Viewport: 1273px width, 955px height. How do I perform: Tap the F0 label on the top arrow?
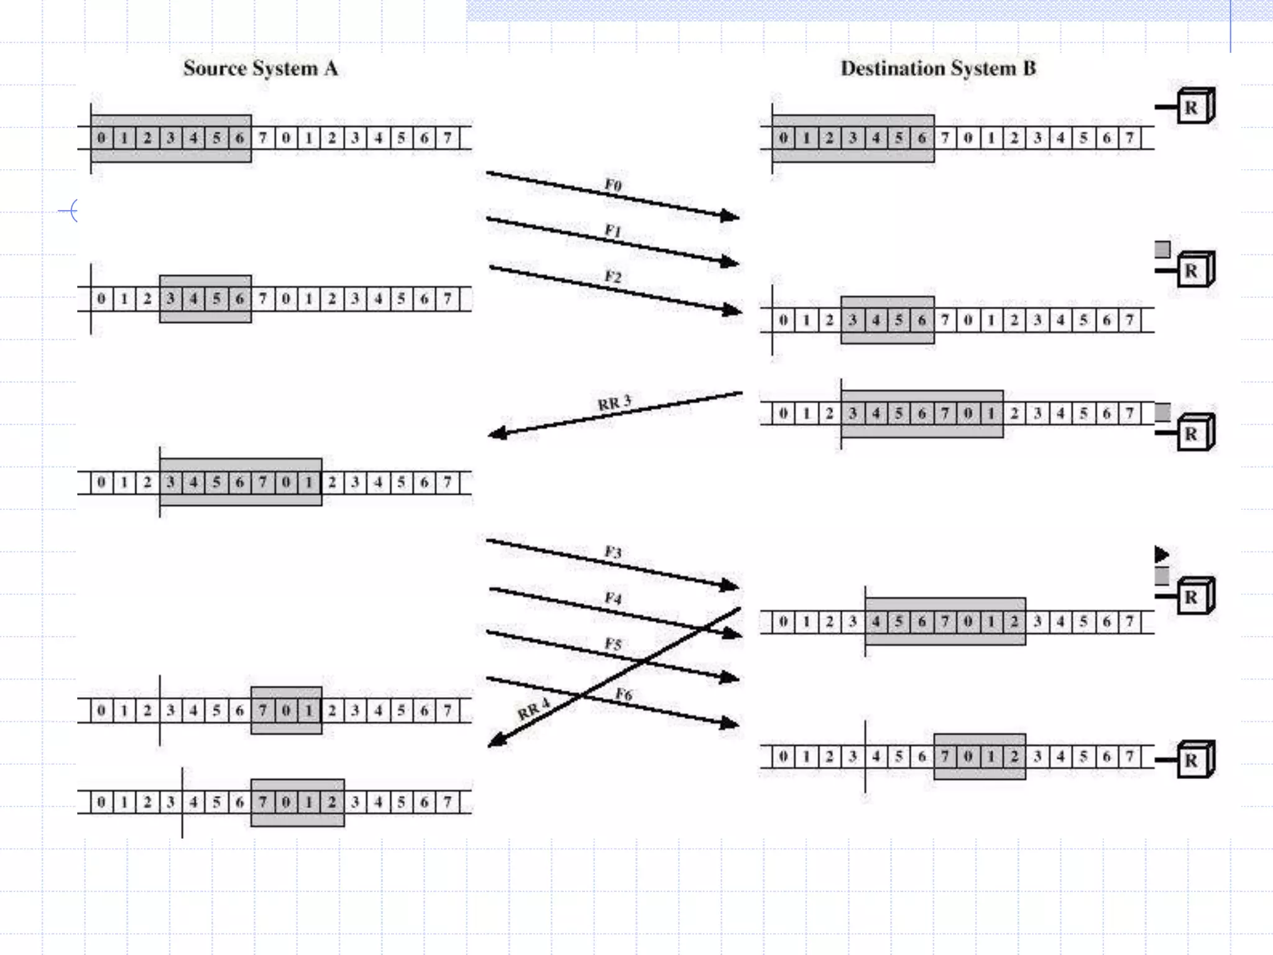tap(613, 185)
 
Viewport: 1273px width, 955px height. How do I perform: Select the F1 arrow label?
tap(613, 231)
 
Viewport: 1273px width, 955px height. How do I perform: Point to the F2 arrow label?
tap(613, 277)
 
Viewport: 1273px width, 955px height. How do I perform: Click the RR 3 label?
tap(614, 403)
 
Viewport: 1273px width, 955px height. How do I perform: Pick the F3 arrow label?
tap(613, 552)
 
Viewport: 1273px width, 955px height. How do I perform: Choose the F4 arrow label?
tap(613, 598)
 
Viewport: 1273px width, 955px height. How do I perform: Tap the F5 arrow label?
tap(613, 644)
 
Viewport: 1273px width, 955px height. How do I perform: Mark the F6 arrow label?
tap(624, 694)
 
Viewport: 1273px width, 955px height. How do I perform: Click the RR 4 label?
tap(533, 709)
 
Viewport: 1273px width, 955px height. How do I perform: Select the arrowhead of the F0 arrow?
tap(730, 216)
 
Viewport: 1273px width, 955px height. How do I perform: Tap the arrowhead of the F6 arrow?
tap(730, 724)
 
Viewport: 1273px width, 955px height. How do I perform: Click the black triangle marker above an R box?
tap(1161, 554)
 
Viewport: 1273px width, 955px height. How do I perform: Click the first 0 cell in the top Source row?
tap(102, 138)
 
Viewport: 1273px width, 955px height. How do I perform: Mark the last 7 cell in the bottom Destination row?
tap(1129, 757)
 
